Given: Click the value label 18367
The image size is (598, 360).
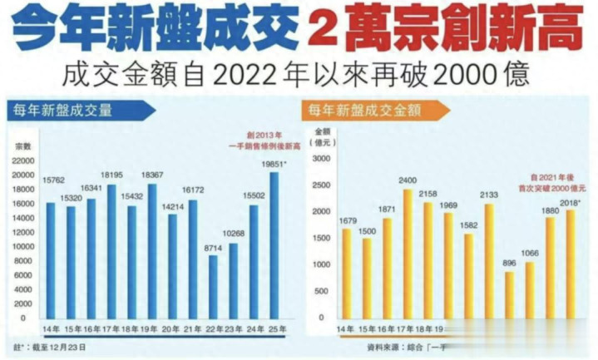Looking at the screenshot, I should point(152,175).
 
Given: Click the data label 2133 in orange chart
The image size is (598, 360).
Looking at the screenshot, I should point(489,194).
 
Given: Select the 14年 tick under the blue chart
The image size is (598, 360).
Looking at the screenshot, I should point(51,329).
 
